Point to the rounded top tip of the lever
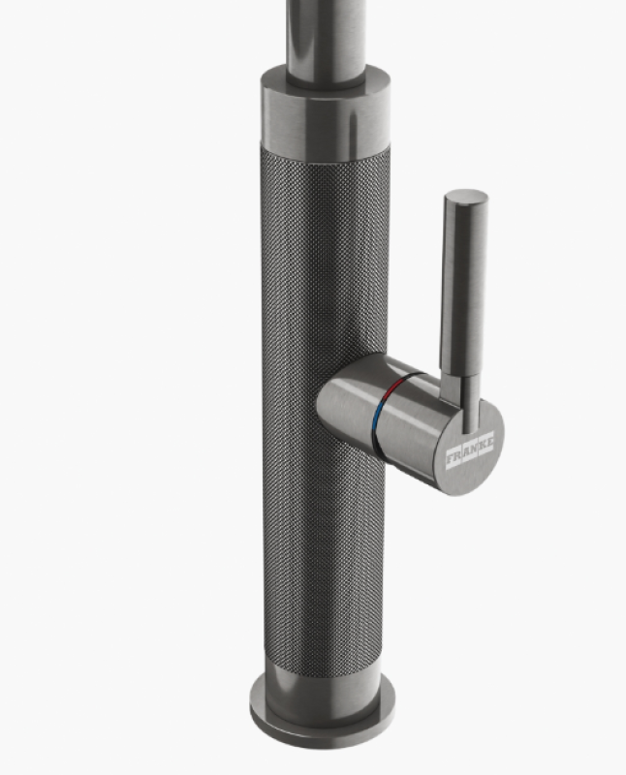[466, 197]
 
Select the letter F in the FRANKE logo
[451, 458]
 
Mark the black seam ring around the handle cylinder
[385, 407]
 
